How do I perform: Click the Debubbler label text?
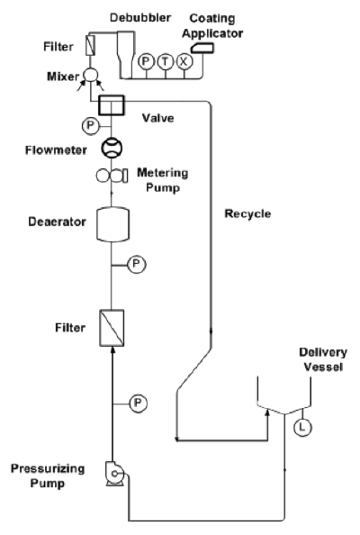(140, 18)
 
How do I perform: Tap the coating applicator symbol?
(202, 48)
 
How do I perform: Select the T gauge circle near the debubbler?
(166, 62)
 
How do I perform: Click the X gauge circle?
(184, 62)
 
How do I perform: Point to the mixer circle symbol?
(91, 75)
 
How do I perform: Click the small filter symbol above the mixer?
(91, 44)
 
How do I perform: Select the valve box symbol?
(112, 105)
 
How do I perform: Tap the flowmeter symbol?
(112, 148)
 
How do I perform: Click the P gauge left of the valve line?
(90, 126)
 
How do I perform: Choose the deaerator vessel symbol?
(113, 224)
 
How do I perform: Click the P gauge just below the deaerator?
(137, 265)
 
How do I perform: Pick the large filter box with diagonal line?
(112, 328)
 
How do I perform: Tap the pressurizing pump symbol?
(115, 473)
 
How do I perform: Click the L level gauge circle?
(302, 427)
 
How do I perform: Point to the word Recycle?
(247, 214)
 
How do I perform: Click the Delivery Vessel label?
(323, 359)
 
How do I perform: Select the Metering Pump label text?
(163, 180)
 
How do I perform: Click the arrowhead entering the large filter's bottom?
(112, 350)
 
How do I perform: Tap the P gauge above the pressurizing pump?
(138, 404)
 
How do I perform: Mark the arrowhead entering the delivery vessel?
(267, 413)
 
